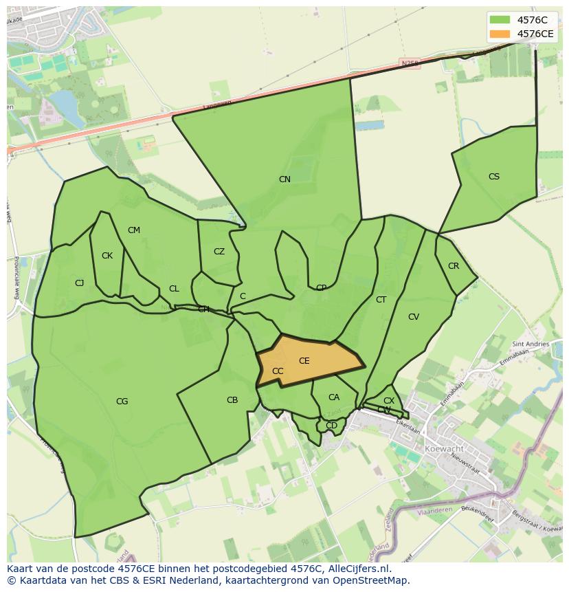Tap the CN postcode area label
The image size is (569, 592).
[x=284, y=179]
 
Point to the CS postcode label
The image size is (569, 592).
[x=494, y=177]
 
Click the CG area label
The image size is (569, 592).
[x=122, y=402]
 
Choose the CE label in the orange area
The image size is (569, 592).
[x=304, y=361]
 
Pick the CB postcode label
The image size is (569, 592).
[x=232, y=400]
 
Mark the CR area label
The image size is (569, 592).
[x=454, y=266]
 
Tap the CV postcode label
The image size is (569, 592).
[x=414, y=317]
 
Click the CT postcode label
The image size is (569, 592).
[x=381, y=300]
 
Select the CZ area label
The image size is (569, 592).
[x=219, y=252]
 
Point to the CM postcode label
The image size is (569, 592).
[x=134, y=230]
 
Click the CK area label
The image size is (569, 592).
[x=107, y=256]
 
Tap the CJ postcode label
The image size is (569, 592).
[x=80, y=283]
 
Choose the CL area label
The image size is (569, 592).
[x=174, y=289]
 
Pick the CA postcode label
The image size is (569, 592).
[x=334, y=397]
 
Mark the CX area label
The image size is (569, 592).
[x=389, y=401]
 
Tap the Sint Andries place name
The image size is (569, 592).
[x=531, y=344]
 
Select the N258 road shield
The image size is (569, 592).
[x=410, y=63]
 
